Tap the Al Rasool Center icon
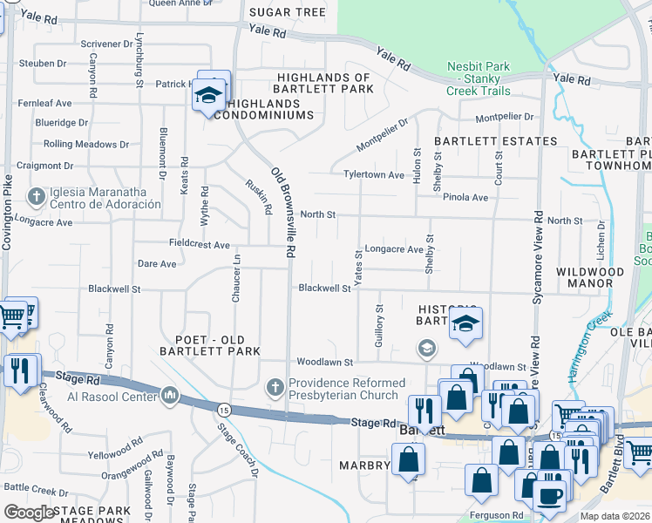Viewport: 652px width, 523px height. click(170, 397)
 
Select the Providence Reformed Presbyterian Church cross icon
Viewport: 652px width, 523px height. click(275, 386)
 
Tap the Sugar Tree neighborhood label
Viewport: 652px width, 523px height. click(287, 12)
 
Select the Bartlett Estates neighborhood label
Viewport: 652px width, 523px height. click(495, 141)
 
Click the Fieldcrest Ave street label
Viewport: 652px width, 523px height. click(200, 245)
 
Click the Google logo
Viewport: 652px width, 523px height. click(29, 513)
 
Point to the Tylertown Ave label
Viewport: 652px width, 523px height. click(373, 175)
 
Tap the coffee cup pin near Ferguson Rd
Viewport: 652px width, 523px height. click(548, 495)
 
